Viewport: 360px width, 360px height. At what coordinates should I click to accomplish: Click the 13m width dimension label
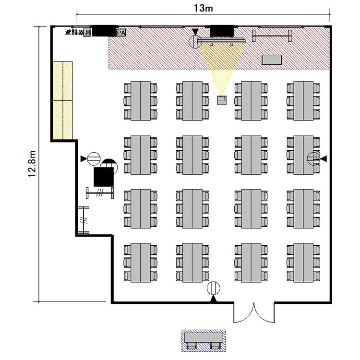pos(204,8)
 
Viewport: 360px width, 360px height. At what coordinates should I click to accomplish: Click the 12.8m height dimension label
pos(32,164)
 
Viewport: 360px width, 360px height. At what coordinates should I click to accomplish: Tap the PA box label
pos(121,33)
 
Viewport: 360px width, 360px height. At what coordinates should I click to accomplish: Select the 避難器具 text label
pos(78,32)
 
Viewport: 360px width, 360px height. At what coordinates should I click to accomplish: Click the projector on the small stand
pos(222,100)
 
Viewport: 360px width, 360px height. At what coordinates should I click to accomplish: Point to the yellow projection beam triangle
pos(222,67)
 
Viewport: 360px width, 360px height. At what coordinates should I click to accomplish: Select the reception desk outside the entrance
pos(204,341)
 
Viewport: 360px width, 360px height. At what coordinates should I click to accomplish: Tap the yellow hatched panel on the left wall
pos(63,100)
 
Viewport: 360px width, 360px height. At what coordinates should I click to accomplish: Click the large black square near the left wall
pos(104,177)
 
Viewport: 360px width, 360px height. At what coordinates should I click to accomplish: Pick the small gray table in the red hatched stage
pos(272,60)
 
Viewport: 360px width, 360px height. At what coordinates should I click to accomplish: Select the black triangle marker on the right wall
pos(324,158)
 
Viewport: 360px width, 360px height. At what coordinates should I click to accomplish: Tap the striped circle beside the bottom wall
pos(214,288)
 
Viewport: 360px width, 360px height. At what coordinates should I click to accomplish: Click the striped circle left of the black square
pos(94,159)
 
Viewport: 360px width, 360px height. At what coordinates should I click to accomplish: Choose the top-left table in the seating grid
pos(141,101)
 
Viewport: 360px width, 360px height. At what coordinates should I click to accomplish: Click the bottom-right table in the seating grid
pos(303,263)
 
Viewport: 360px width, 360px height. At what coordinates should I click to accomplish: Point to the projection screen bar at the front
pos(221,41)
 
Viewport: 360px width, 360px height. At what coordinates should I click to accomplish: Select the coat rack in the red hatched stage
pos(272,36)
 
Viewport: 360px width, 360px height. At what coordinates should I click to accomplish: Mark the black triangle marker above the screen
pos(195,32)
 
